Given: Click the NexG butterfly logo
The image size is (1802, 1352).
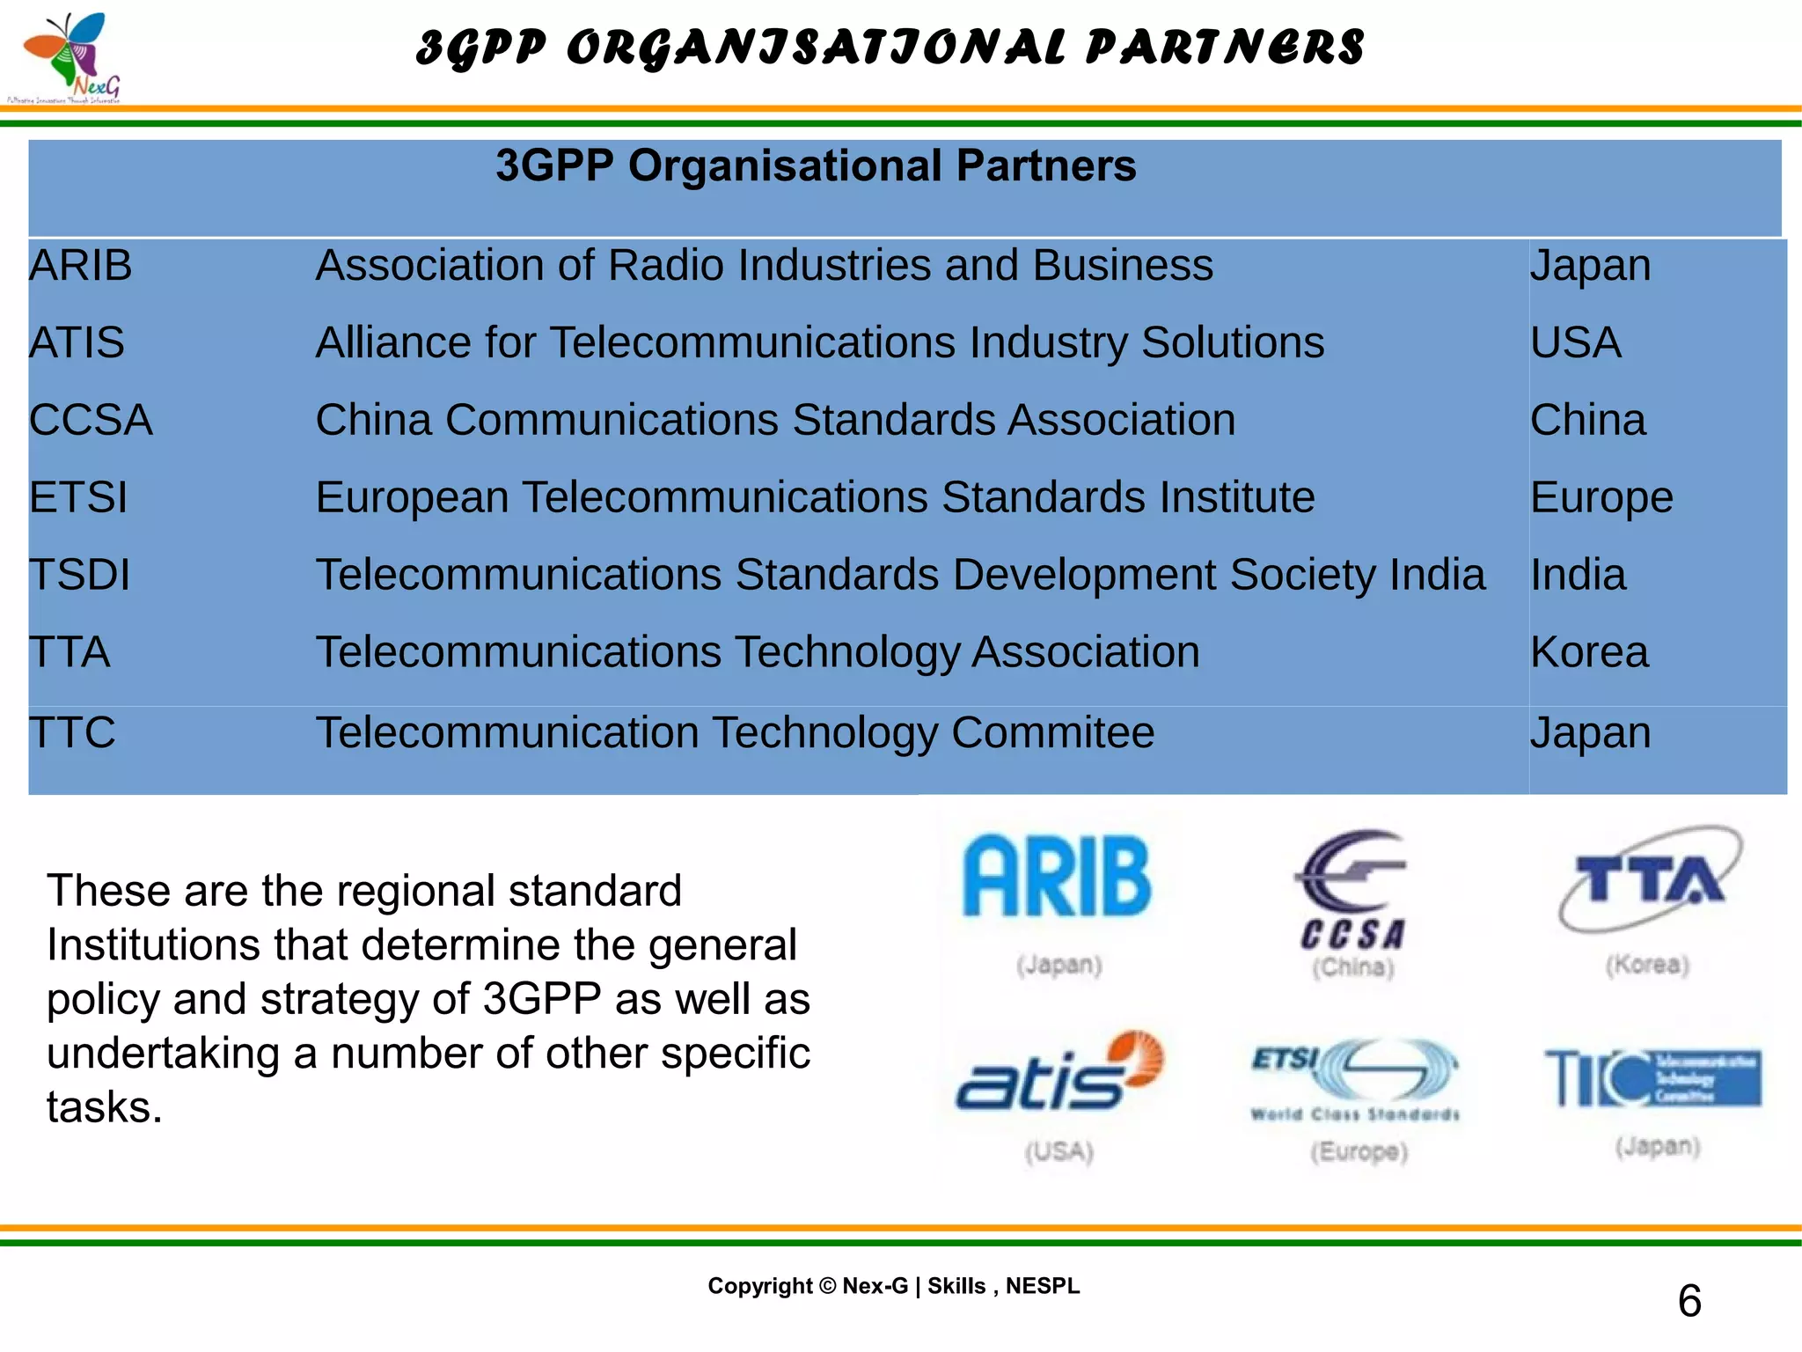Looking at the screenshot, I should pyautogui.click(x=67, y=55).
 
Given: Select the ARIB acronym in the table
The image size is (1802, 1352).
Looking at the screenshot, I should pyautogui.click(x=80, y=265).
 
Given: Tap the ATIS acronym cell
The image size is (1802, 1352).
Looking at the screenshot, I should pyautogui.click(x=77, y=342).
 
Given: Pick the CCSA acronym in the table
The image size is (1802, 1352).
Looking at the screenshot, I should pyautogui.click(x=91, y=420).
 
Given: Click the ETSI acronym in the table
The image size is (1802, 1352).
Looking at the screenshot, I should pyautogui.click(x=78, y=497).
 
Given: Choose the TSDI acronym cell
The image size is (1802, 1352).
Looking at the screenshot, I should pyautogui.click(x=79, y=575).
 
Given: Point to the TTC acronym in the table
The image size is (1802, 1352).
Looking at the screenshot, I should pyautogui.click(x=72, y=732).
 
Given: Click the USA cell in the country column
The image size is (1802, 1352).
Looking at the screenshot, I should pyautogui.click(x=1575, y=342).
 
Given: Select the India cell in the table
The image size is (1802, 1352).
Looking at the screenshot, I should pyautogui.click(x=1578, y=575).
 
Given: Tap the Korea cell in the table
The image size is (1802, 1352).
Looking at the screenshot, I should pyautogui.click(x=1589, y=652).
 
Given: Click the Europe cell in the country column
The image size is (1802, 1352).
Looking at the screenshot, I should pyautogui.click(x=1601, y=497).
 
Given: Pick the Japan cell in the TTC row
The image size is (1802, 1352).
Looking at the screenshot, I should pyautogui.click(x=1590, y=732).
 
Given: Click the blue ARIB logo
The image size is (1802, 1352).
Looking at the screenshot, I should pyautogui.click(x=1057, y=877).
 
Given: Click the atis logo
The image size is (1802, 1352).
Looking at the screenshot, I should pyautogui.click(x=1058, y=1074).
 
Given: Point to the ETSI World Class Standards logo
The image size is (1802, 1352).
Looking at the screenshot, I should pyautogui.click(x=1355, y=1079).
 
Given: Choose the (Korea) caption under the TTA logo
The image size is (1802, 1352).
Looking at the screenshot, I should pyautogui.click(x=1647, y=965).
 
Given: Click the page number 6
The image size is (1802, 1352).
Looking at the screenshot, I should pyautogui.click(x=1689, y=1301).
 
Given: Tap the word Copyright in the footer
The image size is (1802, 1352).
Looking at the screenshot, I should pyautogui.click(x=759, y=1286).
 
